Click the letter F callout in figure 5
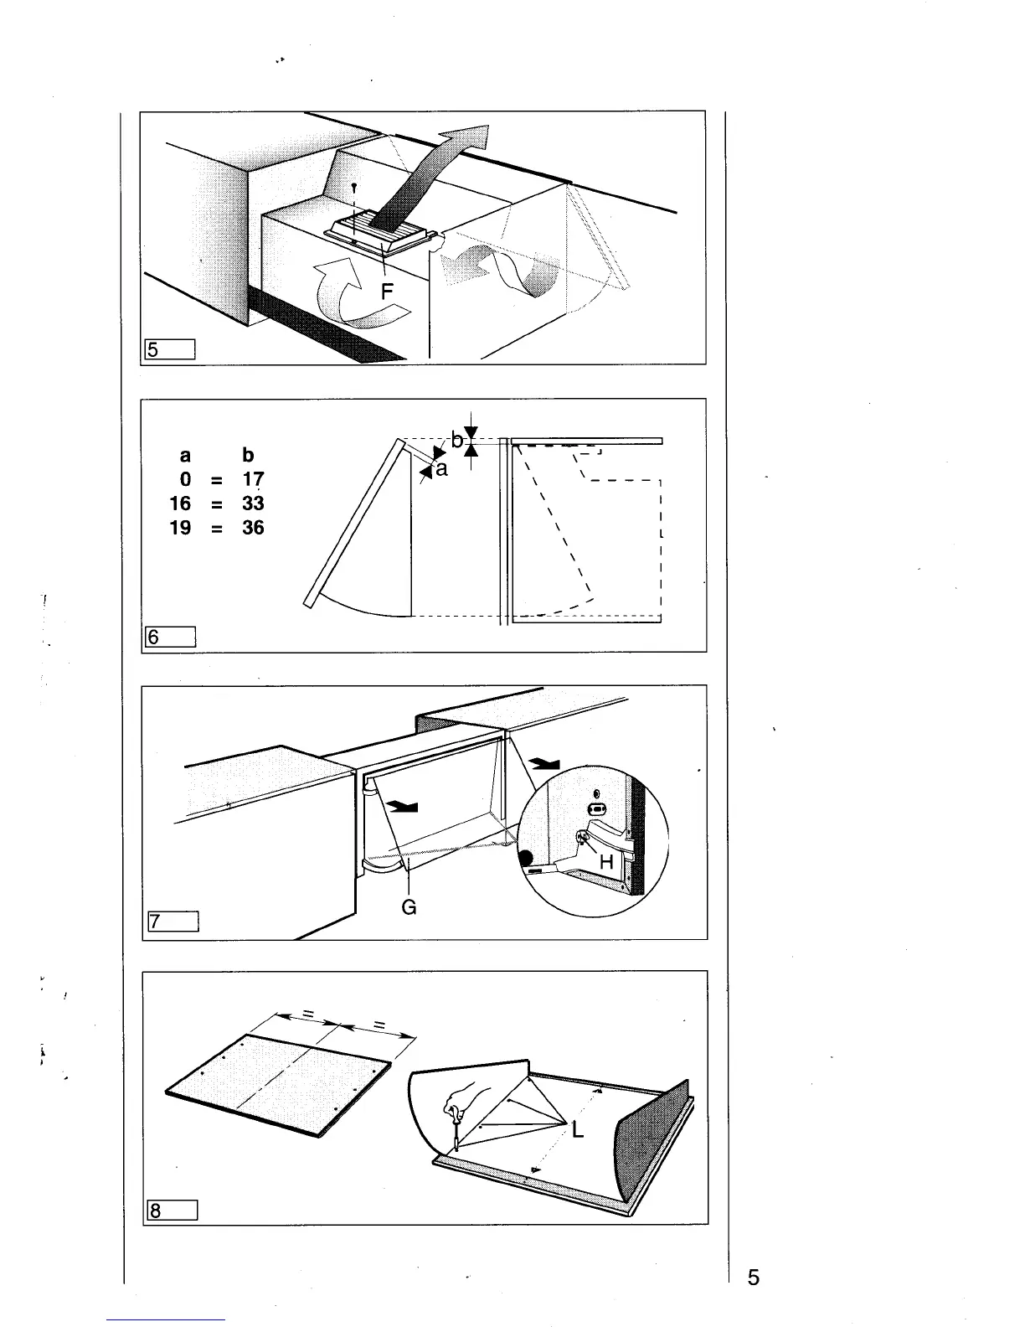click(387, 292)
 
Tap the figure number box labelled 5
click(170, 349)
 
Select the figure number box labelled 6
click(170, 637)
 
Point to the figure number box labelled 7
click(172, 922)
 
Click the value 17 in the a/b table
click(253, 480)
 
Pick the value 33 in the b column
click(253, 503)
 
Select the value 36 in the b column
click(253, 528)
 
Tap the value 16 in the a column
click(181, 503)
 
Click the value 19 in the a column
click(181, 528)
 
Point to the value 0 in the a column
click(185, 480)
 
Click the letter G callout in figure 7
click(409, 907)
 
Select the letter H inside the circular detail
click(607, 863)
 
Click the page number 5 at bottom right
click(754, 1278)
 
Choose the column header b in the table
click(248, 456)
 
